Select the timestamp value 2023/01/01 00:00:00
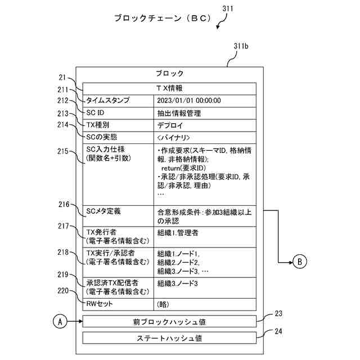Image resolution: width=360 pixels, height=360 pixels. (x=189, y=100)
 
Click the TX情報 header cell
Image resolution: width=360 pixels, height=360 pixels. (x=169, y=88)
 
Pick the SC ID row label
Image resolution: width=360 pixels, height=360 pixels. (x=96, y=112)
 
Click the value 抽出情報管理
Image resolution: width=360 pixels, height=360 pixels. (x=179, y=112)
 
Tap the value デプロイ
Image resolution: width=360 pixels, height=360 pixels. (x=171, y=125)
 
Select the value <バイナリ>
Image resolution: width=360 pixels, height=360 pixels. (x=174, y=137)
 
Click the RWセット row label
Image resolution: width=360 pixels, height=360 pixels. (x=100, y=304)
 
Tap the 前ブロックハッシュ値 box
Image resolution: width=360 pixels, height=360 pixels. (x=169, y=322)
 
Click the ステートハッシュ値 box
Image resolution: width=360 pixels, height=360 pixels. (x=169, y=338)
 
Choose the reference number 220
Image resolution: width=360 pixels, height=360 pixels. (x=63, y=291)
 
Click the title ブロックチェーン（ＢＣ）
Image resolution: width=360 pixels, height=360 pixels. (x=163, y=18)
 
